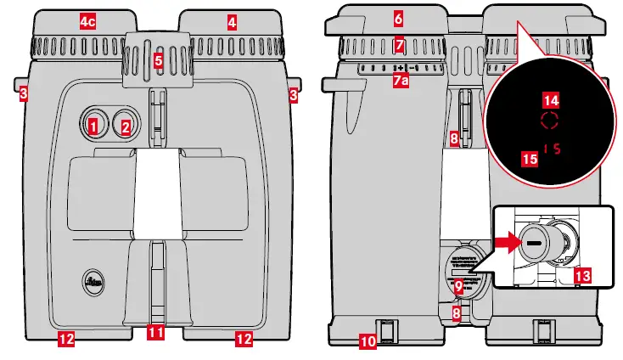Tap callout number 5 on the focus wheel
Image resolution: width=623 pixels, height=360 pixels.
point(158,60)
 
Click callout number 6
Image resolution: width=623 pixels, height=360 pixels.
point(398,17)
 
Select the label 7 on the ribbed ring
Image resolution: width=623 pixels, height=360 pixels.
point(399,43)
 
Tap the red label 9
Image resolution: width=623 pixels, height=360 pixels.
point(458,287)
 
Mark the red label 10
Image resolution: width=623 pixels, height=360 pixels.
point(367,341)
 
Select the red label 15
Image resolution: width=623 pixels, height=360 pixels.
point(530,158)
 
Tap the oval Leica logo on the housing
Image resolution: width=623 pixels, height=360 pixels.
point(96,283)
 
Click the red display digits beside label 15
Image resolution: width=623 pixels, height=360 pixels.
point(553,149)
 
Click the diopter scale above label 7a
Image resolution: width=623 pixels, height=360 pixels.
point(399,66)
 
